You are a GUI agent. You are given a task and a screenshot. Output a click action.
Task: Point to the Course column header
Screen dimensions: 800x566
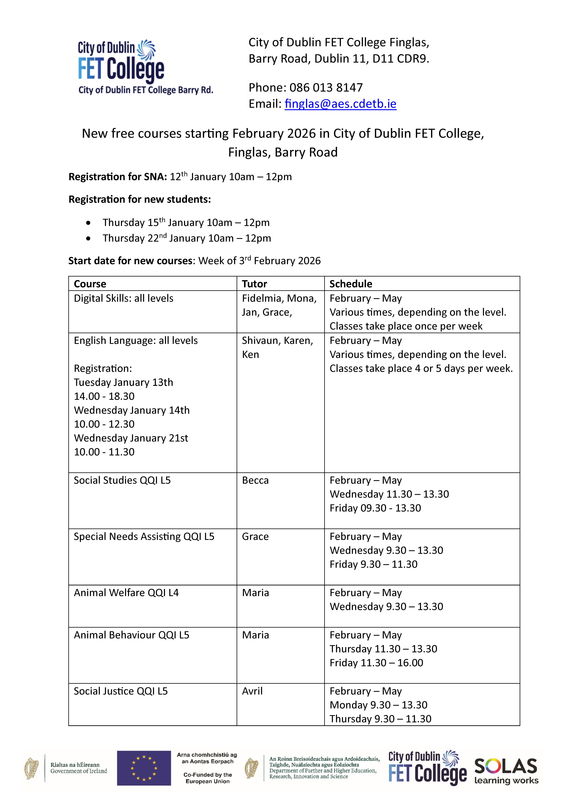[x=90, y=284]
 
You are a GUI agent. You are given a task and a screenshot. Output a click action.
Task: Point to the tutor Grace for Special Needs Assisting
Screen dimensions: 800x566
[x=255, y=537]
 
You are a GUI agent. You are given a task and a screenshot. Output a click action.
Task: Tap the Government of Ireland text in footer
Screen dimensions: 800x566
[x=79, y=771]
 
